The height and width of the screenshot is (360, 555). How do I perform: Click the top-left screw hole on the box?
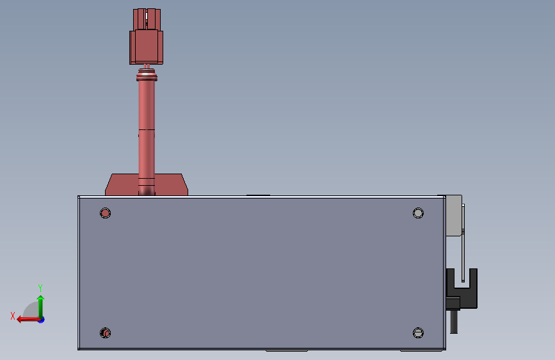(106, 213)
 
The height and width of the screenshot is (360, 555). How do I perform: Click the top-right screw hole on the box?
(418, 213)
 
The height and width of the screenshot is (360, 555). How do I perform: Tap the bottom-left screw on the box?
(106, 333)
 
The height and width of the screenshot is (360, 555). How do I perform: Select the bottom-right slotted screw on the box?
(418, 332)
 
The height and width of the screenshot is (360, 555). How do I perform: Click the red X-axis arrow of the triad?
(24, 319)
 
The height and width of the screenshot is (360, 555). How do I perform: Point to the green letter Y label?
(40, 288)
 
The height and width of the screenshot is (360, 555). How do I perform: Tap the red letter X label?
(13, 315)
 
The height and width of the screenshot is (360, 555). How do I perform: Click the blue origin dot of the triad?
(41, 319)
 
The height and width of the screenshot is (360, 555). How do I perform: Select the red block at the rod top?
(147, 47)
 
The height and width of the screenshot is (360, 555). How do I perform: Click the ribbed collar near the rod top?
(147, 78)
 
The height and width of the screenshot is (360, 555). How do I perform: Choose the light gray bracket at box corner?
(453, 215)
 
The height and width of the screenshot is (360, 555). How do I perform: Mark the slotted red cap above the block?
(147, 18)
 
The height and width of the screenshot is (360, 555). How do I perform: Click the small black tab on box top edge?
(258, 194)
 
